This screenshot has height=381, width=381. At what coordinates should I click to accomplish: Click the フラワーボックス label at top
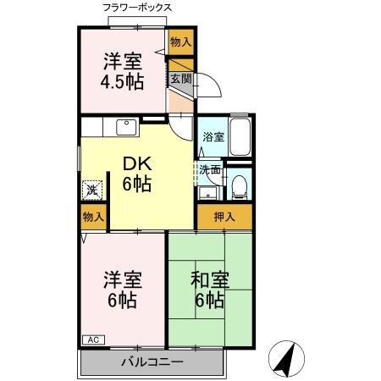[136, 8]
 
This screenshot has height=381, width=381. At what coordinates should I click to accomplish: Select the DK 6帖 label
[135, 174]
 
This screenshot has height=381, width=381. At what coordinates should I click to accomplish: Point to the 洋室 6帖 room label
[124, 290]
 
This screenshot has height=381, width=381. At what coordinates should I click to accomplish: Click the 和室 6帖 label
[207, 290]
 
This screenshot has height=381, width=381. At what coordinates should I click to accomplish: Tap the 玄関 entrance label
[180, 79]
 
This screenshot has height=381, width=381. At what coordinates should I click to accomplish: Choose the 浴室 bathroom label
[213, 137]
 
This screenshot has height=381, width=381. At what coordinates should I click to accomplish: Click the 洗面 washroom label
[211, 169]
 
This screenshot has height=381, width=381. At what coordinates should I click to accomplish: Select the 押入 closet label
[224, 216]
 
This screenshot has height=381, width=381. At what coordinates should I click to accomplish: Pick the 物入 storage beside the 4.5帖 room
[180, 41]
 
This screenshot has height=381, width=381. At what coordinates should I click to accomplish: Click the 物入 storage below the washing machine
[93, 216]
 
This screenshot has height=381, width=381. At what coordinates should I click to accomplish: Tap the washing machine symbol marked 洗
[92, 190]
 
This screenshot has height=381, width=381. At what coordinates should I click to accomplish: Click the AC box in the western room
[93, 340]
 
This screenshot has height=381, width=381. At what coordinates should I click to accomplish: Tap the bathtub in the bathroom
[240, 135]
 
